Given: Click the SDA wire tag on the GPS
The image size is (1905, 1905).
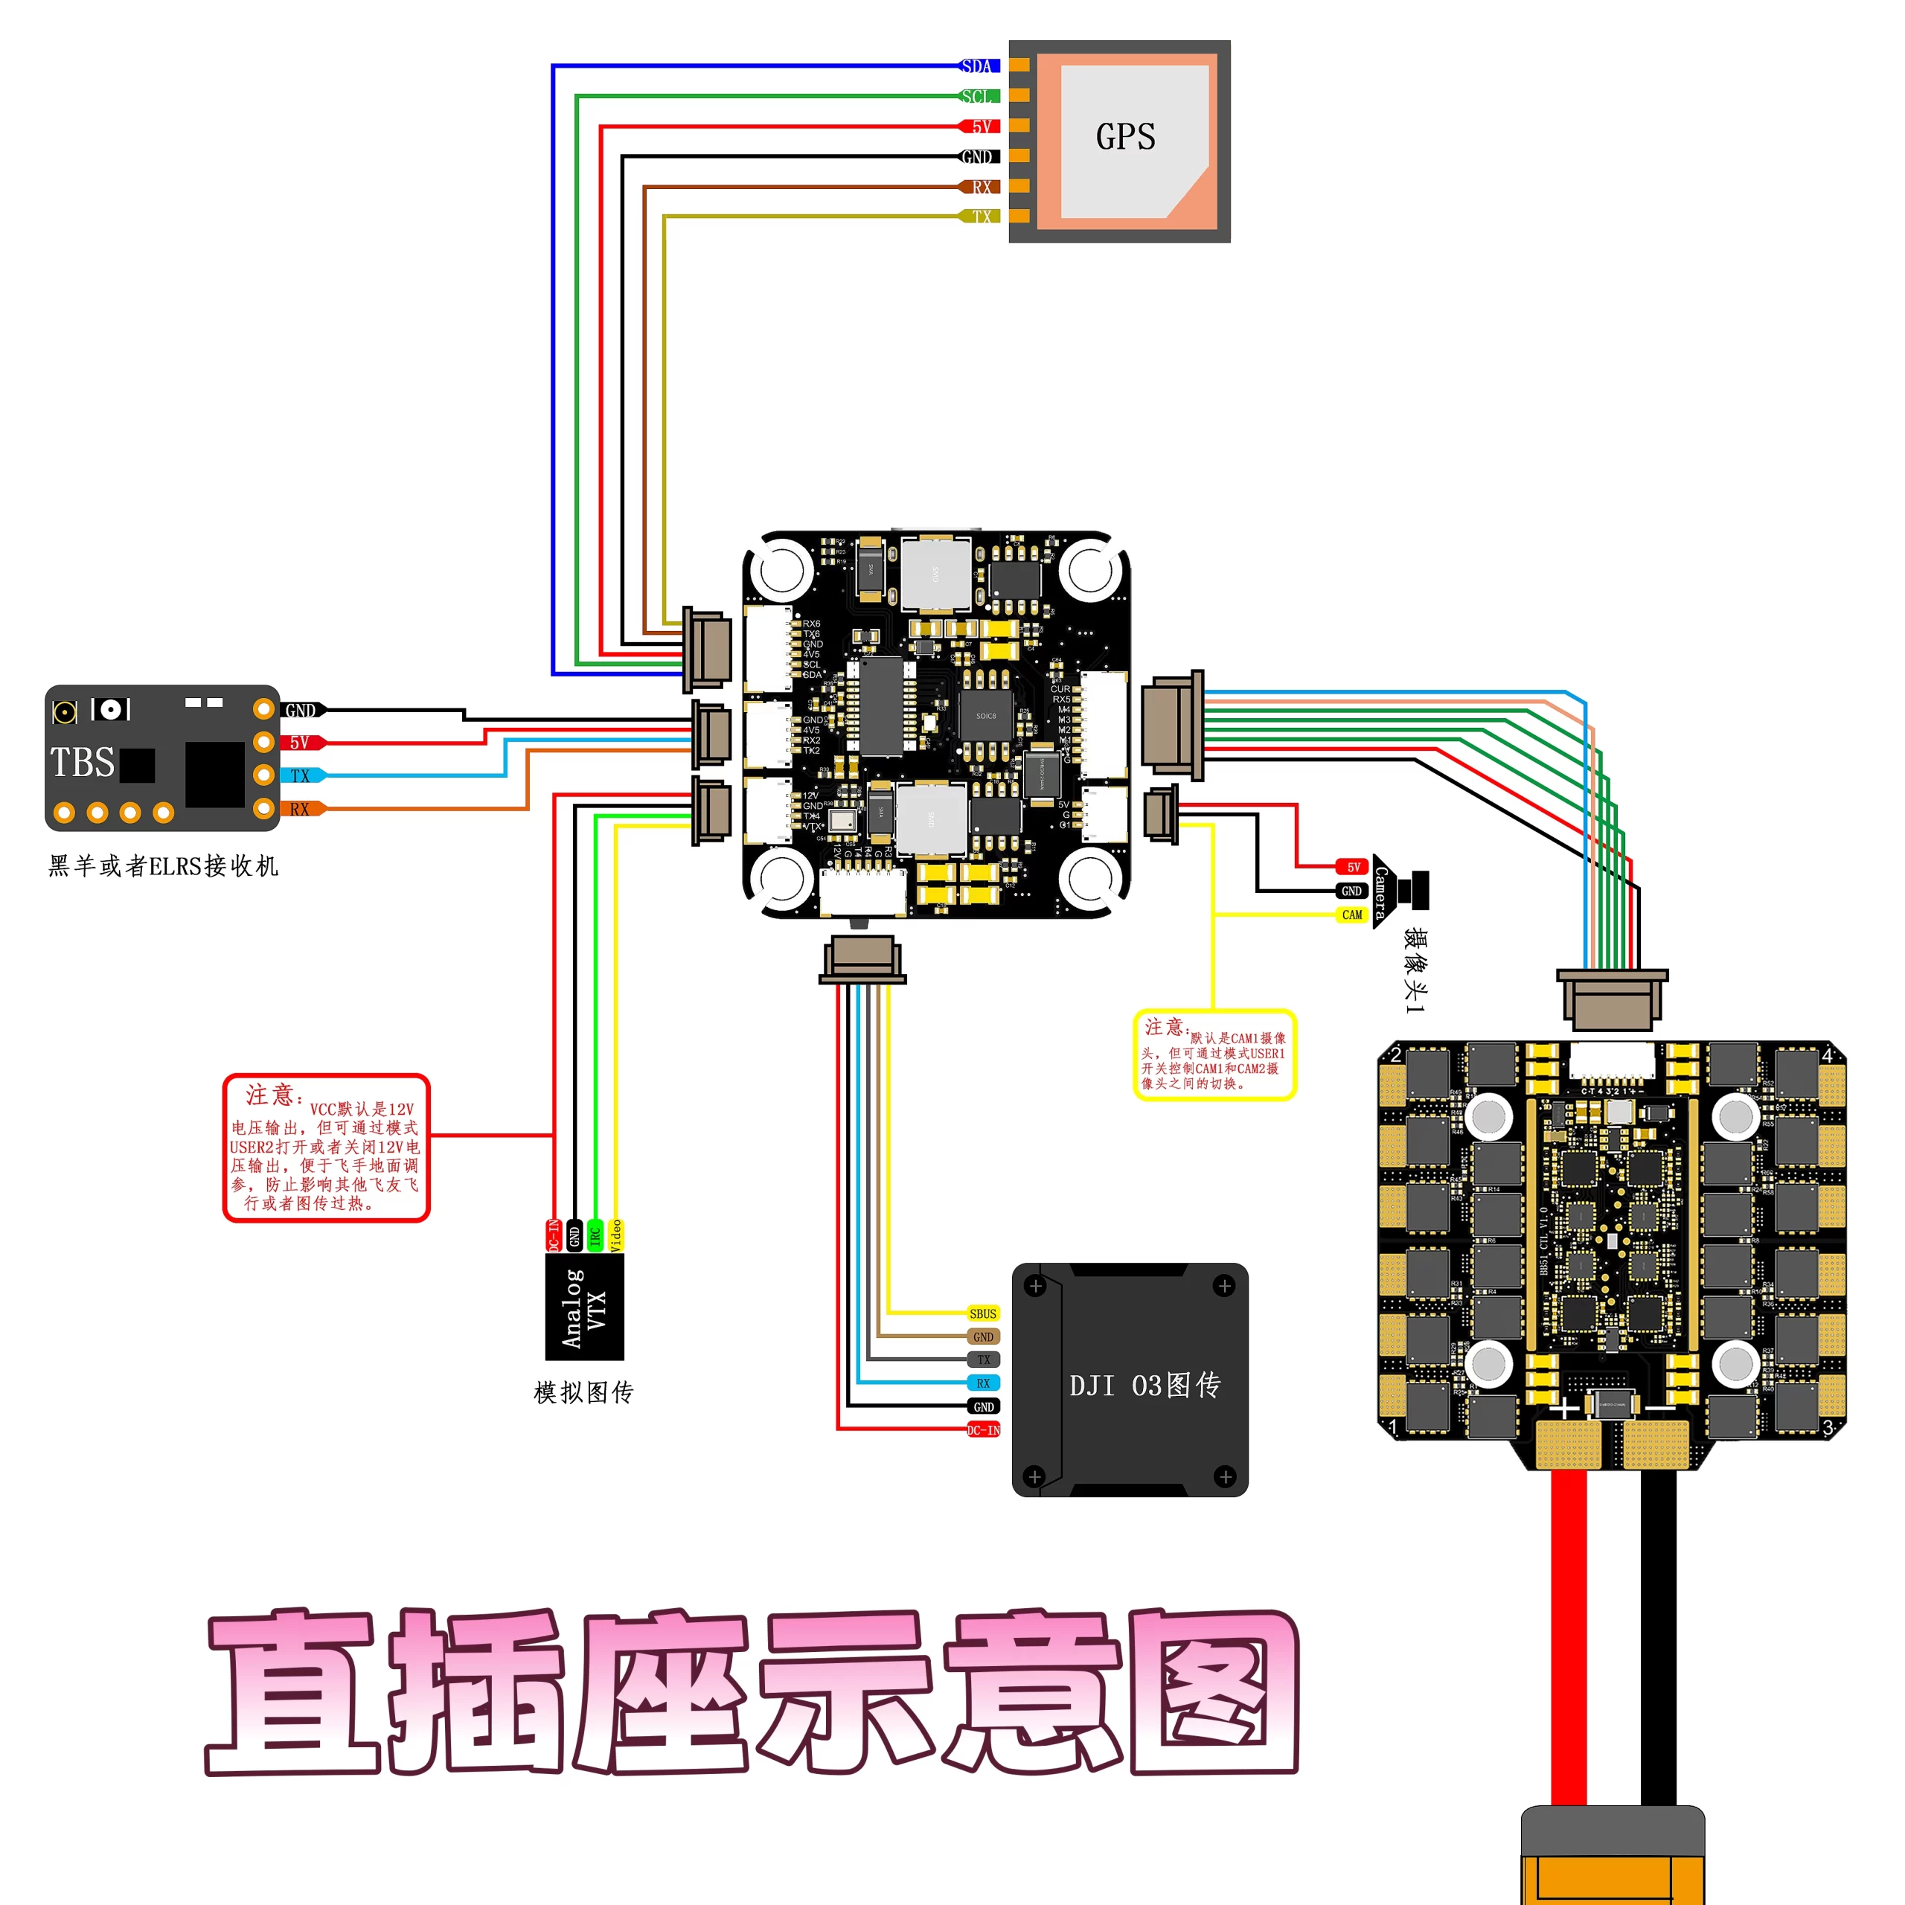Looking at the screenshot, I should (978, 66).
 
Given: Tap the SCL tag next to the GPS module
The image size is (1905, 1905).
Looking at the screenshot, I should (978, 97).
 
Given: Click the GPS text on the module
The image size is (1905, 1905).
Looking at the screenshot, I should (1125, 137).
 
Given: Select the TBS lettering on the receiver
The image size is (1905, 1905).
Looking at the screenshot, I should (83, 762).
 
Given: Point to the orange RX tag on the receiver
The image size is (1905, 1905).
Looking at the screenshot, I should (301, 810).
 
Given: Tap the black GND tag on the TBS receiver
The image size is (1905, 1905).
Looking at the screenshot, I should (301, 710).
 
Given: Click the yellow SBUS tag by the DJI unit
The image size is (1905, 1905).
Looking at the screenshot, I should (982, 1313).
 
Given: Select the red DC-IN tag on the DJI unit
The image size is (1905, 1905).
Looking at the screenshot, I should (983, 1429).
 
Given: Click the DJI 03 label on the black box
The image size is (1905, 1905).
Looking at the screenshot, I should (1144, 1386).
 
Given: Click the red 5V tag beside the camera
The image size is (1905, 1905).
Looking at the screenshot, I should (1353, 868).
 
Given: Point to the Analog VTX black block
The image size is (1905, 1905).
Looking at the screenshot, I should (585, 1307).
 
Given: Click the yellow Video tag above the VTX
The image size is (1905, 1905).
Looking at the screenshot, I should (616, 1235).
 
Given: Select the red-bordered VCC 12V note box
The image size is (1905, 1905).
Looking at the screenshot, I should (327, 1147).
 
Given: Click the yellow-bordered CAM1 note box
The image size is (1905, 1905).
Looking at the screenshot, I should (1214, 1054).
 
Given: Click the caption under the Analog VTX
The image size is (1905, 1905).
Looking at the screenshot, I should (583, 1392).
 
